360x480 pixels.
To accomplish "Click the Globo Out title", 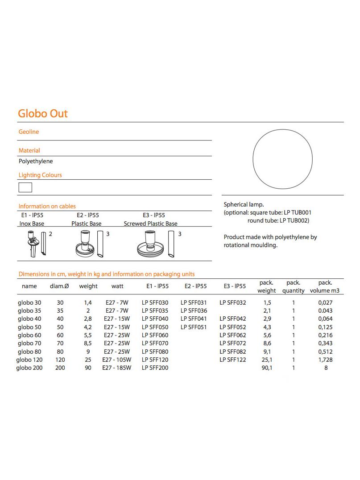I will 43,113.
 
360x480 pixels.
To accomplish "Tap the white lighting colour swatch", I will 25,187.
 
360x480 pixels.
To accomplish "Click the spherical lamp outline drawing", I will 283,159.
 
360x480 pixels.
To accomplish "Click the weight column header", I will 88,286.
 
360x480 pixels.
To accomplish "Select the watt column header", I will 117,286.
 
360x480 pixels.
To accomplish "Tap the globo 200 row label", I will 29,368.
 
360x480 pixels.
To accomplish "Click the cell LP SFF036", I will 194,311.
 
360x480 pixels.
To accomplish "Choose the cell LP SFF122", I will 233,360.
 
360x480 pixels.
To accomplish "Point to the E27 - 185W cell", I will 117,368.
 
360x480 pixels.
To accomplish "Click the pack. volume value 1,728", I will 326,360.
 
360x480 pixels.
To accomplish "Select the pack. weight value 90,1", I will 267,368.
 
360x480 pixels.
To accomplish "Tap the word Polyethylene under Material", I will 36,161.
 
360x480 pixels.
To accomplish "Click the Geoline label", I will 29,132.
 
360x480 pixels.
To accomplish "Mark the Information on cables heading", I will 47,206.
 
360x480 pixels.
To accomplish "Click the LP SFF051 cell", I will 194,327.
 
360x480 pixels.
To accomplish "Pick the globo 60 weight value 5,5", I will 88,335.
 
